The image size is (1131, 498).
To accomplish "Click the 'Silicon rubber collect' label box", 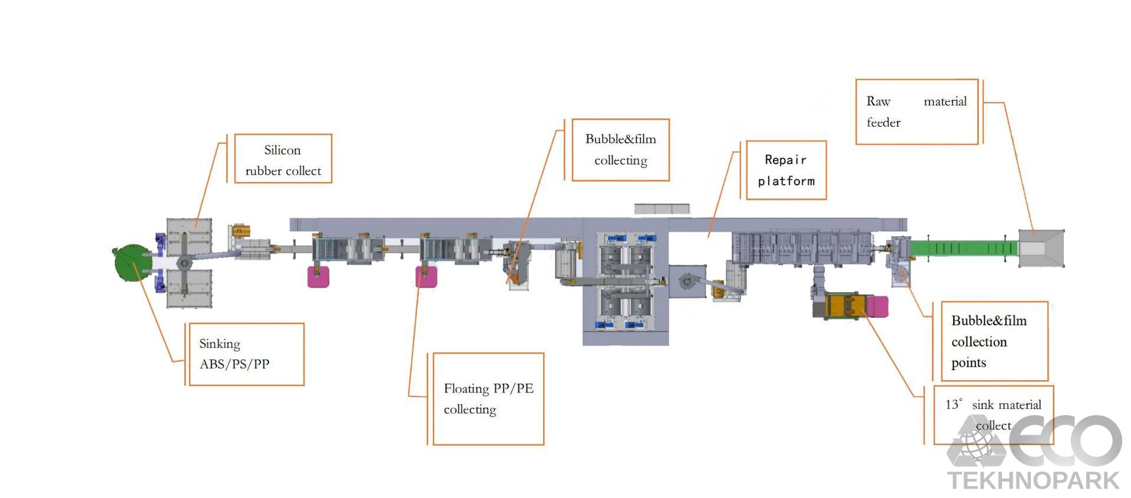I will pyautogui.click(x=283, y=159).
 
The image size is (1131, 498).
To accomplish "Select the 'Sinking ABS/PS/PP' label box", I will pyautogui.click(x=246, y=354).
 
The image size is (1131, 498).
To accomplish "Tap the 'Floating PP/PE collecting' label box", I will pyautogui.click(x=488, y=399).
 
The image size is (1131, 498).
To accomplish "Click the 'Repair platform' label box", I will pyautogui.click(x=786, y=170).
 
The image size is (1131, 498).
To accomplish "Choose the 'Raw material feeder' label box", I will pyautogui.click(x=916, y=112).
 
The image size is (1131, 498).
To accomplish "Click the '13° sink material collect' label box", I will pyautogui.click(x=993, y=414).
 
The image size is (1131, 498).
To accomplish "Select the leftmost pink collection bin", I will pyautogui.click(x=319, y=276).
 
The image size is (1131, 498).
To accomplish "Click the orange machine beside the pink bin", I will pyautogui.click(x=845, y=305).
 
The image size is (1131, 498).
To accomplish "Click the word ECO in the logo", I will pyautogui.click(x=1066, y=440).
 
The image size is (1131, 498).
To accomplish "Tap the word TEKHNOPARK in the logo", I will pyautogui.click(x=1033, y=480).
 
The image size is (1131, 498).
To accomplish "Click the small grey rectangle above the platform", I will pyautogui.click(x=662, y=209).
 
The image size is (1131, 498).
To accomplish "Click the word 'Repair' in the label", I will pyautogui.click(x=785, y=160).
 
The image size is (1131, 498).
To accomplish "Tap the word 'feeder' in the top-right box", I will pyautogui.click(x=883, y=123).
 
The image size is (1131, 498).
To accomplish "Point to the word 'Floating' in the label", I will pyautogui.click(x=466, y=388).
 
